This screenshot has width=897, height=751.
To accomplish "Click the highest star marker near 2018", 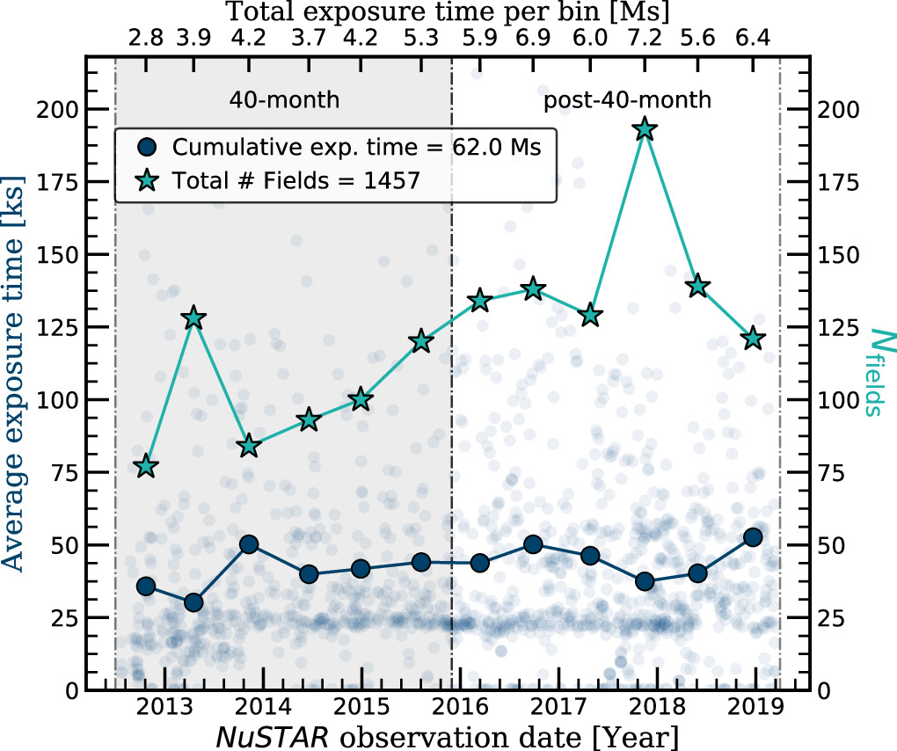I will (645, 129).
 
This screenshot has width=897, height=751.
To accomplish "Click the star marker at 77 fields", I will (146, 466).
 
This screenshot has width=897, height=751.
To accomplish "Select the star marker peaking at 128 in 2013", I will (193, 318).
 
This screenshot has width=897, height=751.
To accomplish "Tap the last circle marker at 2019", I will (752, 537).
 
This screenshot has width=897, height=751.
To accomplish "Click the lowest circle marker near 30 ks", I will (193, 602).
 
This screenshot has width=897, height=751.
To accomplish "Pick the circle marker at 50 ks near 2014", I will (249, 544).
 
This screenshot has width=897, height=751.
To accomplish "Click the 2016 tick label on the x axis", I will (452, 709).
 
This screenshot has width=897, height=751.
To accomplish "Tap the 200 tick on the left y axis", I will (58, 109).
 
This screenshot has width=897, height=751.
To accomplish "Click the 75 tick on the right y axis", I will (833, 472).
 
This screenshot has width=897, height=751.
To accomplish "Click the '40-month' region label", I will (283, 100).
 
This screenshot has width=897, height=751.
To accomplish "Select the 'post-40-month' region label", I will (626, 100).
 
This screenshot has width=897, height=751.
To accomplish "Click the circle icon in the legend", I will (148, 147).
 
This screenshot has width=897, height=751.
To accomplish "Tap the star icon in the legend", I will (148, 179).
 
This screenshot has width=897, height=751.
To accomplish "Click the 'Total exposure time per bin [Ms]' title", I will (448, 12).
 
